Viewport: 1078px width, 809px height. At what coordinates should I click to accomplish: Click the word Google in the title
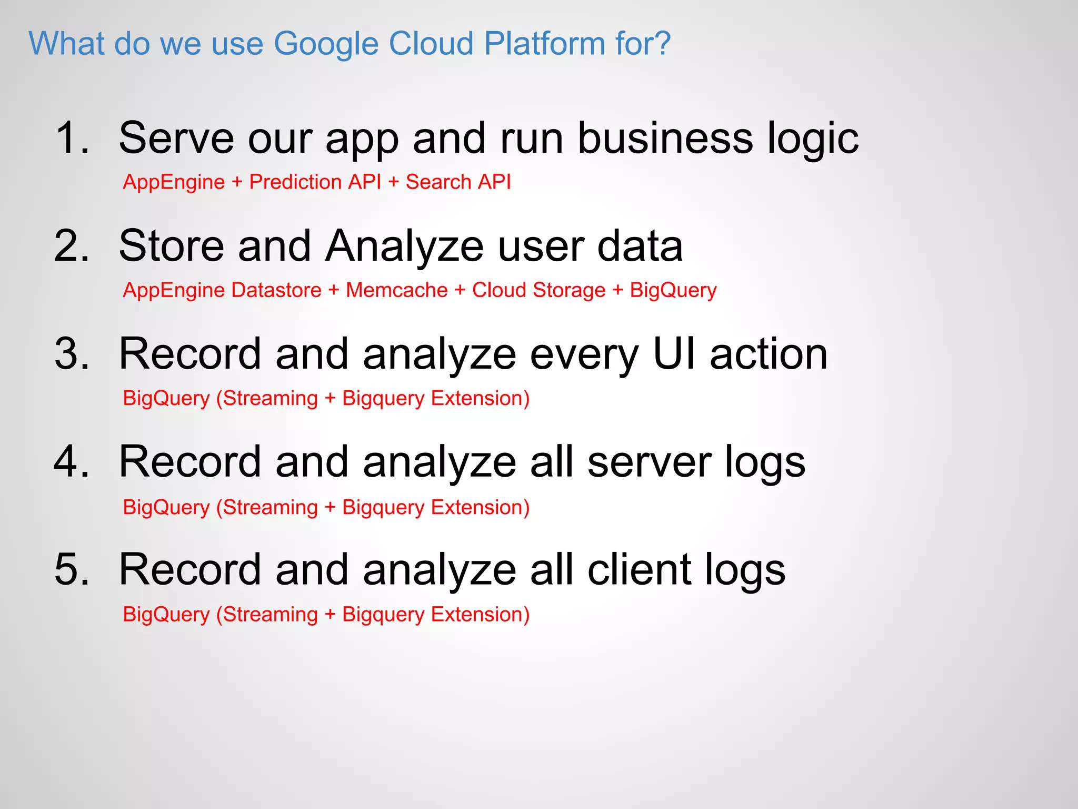point(326,44)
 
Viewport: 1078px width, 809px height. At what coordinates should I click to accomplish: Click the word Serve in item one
point(176,138)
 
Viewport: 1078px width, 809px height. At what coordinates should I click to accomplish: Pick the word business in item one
point(665,138)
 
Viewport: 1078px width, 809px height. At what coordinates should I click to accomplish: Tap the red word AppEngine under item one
point(174,183)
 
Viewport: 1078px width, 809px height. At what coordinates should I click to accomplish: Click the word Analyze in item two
point(404,246)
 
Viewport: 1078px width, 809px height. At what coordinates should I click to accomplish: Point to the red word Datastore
point(276,290)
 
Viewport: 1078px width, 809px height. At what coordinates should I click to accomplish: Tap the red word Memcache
point(396,290)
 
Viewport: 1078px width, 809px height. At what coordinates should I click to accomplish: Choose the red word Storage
point(569,291)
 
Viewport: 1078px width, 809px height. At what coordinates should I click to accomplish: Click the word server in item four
point(648,462)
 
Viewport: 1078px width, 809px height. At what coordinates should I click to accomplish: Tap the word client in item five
point(639,570)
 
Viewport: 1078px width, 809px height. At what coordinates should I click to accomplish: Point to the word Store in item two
point(172,246)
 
